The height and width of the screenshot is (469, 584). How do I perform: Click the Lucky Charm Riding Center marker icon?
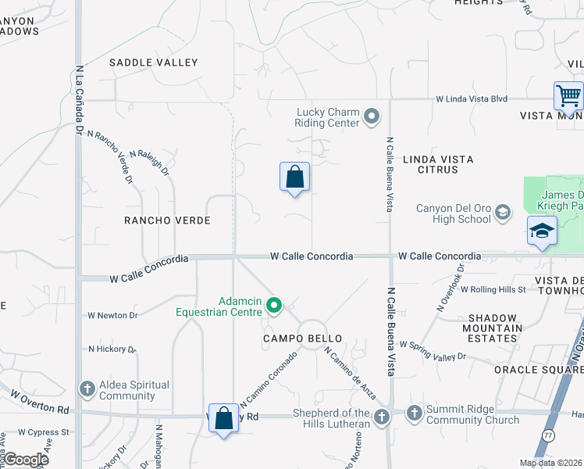372,117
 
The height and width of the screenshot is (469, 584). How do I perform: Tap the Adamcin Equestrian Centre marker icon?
273,305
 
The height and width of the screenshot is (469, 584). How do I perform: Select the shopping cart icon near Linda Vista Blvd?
568,97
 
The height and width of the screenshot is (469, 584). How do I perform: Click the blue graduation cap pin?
542,231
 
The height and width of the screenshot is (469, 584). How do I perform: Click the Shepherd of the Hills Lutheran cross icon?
382,417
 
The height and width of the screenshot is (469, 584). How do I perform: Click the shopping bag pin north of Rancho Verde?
294,177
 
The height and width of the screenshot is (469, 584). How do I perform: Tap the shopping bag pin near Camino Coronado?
224,418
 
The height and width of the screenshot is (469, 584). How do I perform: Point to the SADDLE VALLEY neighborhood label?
154,63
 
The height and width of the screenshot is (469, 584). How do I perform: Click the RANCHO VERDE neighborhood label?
167,221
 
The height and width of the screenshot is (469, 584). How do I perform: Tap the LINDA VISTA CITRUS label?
438,164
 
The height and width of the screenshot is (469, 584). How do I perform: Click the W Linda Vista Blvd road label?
472,99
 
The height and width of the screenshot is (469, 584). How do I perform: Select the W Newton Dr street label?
112,316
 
